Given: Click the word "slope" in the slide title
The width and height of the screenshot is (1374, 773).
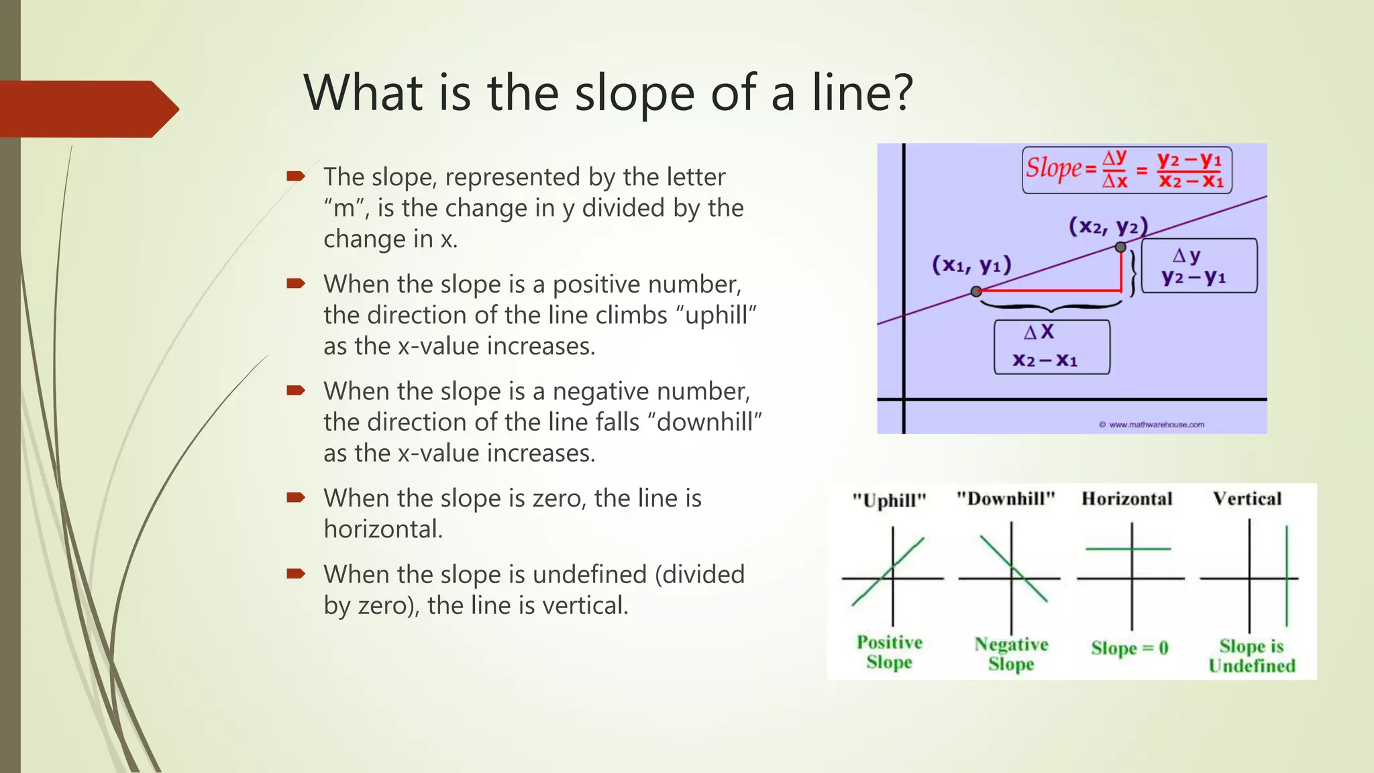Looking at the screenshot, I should (634, 94).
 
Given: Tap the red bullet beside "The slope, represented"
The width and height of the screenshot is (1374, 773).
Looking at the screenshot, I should (296, 176).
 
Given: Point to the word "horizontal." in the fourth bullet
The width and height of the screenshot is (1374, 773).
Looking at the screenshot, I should (383, 529).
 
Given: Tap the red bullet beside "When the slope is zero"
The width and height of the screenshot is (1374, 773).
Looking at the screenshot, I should (296, 498).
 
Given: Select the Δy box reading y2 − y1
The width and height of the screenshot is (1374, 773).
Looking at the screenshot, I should (1199, 266).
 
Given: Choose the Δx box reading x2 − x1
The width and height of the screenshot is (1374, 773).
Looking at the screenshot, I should (1051, 347).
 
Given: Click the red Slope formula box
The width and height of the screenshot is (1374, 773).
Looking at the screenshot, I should (1126, 170).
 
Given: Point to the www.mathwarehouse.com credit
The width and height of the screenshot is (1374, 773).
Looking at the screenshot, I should (1151, 425).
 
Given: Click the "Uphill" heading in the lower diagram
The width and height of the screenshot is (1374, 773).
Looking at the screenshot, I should (889, 501).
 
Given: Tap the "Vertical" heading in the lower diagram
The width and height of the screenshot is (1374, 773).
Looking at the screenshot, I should (1247, 499).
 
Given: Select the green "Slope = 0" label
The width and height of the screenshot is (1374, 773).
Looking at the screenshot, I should (1130, 648).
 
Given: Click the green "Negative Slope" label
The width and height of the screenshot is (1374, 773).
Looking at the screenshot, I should (1011, 654).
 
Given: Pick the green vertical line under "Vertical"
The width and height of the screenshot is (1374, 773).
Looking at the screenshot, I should (1287, 576).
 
